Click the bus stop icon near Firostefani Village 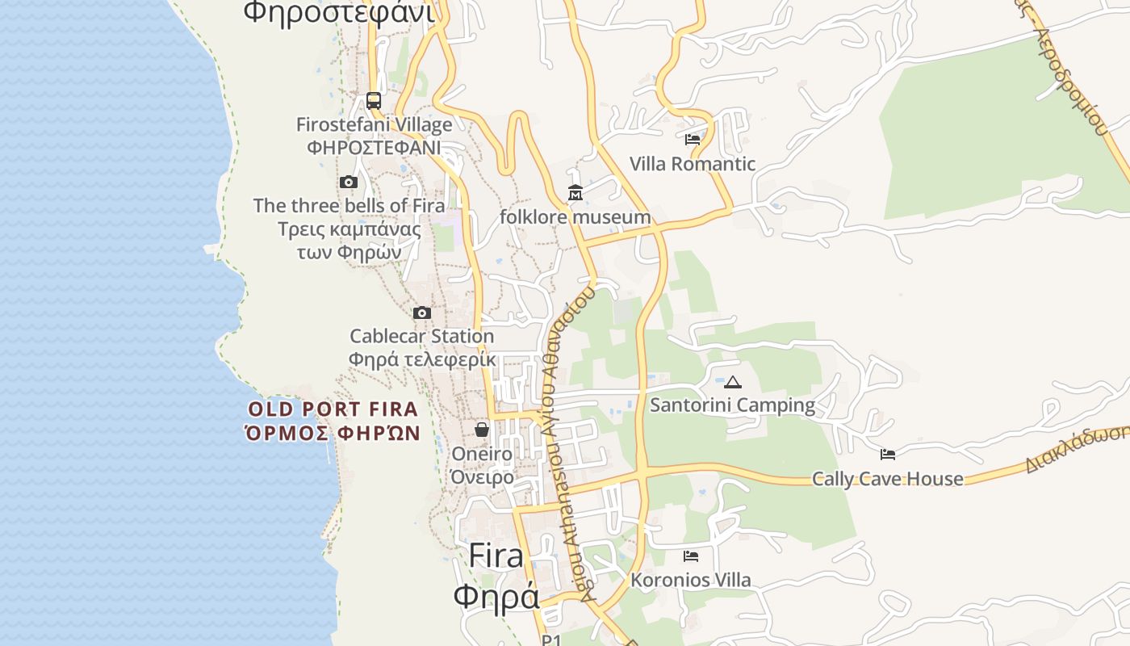[374, 101]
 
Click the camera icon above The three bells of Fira [349, 182]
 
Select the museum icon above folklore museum [575, 193]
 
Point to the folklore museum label [575, 217]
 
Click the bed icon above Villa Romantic [692, 140]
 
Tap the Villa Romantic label [692, 164]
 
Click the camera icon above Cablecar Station [421, 313]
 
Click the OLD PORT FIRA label [333, 409]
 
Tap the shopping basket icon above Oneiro [482, 430]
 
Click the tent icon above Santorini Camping [732, 382]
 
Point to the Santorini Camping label [732, 405]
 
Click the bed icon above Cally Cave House [888, 455]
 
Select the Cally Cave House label [887, 479]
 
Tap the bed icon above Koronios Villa [690, 556]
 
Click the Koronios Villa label [690, 580]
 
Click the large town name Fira [496, 556]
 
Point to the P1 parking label [551, 640]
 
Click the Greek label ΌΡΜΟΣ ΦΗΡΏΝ [333, 433]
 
